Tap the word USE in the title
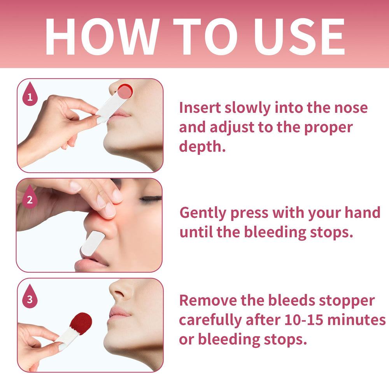point(300,37)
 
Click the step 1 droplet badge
point(30,94)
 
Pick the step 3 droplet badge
point(30,296)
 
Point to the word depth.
point(202,146)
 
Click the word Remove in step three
point(208,300)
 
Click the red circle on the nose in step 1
point(125,91)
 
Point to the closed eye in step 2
point(151,198)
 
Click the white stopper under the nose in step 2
point(93,243)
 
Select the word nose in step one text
point(351,108)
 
